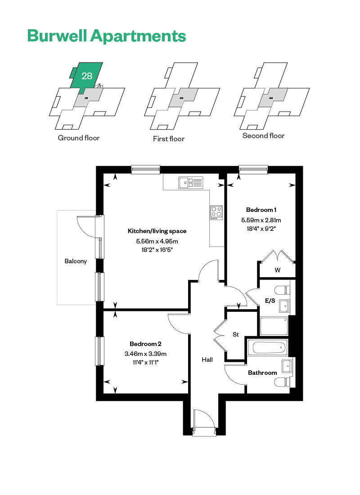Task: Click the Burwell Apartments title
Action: pos(106,36)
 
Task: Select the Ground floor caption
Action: pos(79,138)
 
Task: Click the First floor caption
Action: pos(169,139)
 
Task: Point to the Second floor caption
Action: pos(263,135)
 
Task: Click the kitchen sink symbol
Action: pos(191,182)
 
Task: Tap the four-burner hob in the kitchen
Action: pos(216,212)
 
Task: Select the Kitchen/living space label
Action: pos(157,231)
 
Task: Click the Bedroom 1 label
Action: pos(261,210)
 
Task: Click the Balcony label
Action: pos(76,261)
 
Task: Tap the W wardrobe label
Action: pos(277,270)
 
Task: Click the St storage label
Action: pos(235,334)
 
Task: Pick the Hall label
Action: pos(207,360)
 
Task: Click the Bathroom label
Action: pos(262,373)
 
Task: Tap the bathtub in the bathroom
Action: pos(268,347)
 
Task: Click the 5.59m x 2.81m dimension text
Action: pos(261,220)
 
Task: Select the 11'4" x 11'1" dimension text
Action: pos(145,362)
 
